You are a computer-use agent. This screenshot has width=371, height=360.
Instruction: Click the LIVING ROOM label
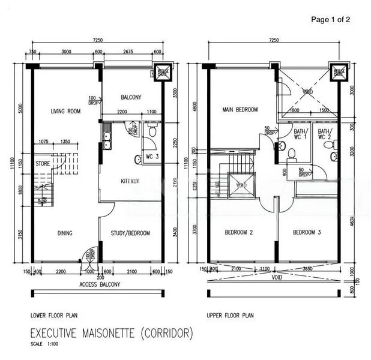(65, 111)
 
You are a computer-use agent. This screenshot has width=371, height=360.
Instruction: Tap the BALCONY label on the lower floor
(131, 97)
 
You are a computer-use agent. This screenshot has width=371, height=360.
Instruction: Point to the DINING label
(65, 233)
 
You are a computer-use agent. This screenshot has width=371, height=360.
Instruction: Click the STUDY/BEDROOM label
(131, 233)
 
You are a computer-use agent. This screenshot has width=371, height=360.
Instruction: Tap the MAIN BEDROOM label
(240, 110)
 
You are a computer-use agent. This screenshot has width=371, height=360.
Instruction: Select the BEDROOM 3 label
(308, 232)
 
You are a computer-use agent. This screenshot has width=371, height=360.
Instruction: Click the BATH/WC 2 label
(325, 134)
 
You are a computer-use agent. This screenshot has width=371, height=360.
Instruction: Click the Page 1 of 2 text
(330, 19)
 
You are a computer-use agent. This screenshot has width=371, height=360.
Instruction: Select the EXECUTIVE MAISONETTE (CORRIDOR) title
(112, 332)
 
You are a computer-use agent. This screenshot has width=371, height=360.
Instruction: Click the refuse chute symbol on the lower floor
(163, 71)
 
